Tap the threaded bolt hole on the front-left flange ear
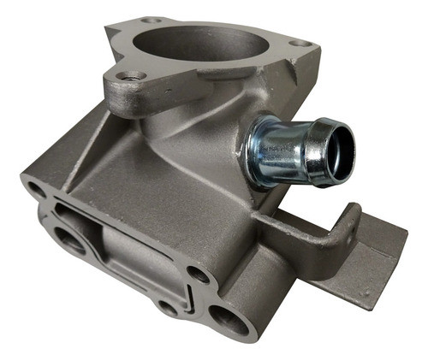click(x=128, y=78)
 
